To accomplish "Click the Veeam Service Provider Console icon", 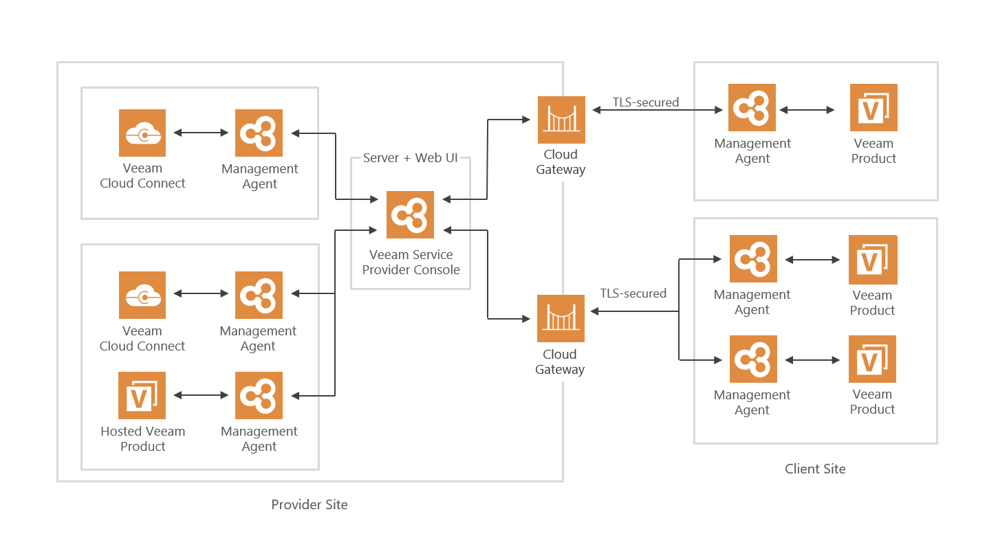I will (x=410, y=214).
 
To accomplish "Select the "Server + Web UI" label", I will (x=411, y=158).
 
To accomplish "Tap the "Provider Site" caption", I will (x=310, y=505).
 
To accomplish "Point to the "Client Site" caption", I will (x=815, y=469).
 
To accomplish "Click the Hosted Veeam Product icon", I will (x=142, y=395).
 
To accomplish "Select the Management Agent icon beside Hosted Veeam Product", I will (x=259, y=395).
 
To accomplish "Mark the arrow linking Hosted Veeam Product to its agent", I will (x=201, y=395).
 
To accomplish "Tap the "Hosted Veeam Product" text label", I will (x=142, y=438).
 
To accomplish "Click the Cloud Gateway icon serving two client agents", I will (x=561, y=318).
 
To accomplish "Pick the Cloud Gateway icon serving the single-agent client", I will (x=561, y=120).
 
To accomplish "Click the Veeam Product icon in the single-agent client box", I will (x=874, y=107).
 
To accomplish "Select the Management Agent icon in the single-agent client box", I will (x=752, y=107).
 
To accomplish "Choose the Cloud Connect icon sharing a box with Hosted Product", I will (x=142, y=295).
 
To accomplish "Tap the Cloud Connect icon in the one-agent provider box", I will (x=142, y=133).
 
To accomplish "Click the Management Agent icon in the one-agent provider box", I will (x=259, y=133).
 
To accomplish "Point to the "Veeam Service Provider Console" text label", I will (x=411, y=263).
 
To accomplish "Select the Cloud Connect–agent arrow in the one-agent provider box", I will (x=201, y=133).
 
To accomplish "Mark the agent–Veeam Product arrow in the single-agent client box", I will (x=807, y=110).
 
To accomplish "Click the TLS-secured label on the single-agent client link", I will (x=646, y=102).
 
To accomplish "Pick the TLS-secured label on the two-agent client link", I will (x=633, y=293).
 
